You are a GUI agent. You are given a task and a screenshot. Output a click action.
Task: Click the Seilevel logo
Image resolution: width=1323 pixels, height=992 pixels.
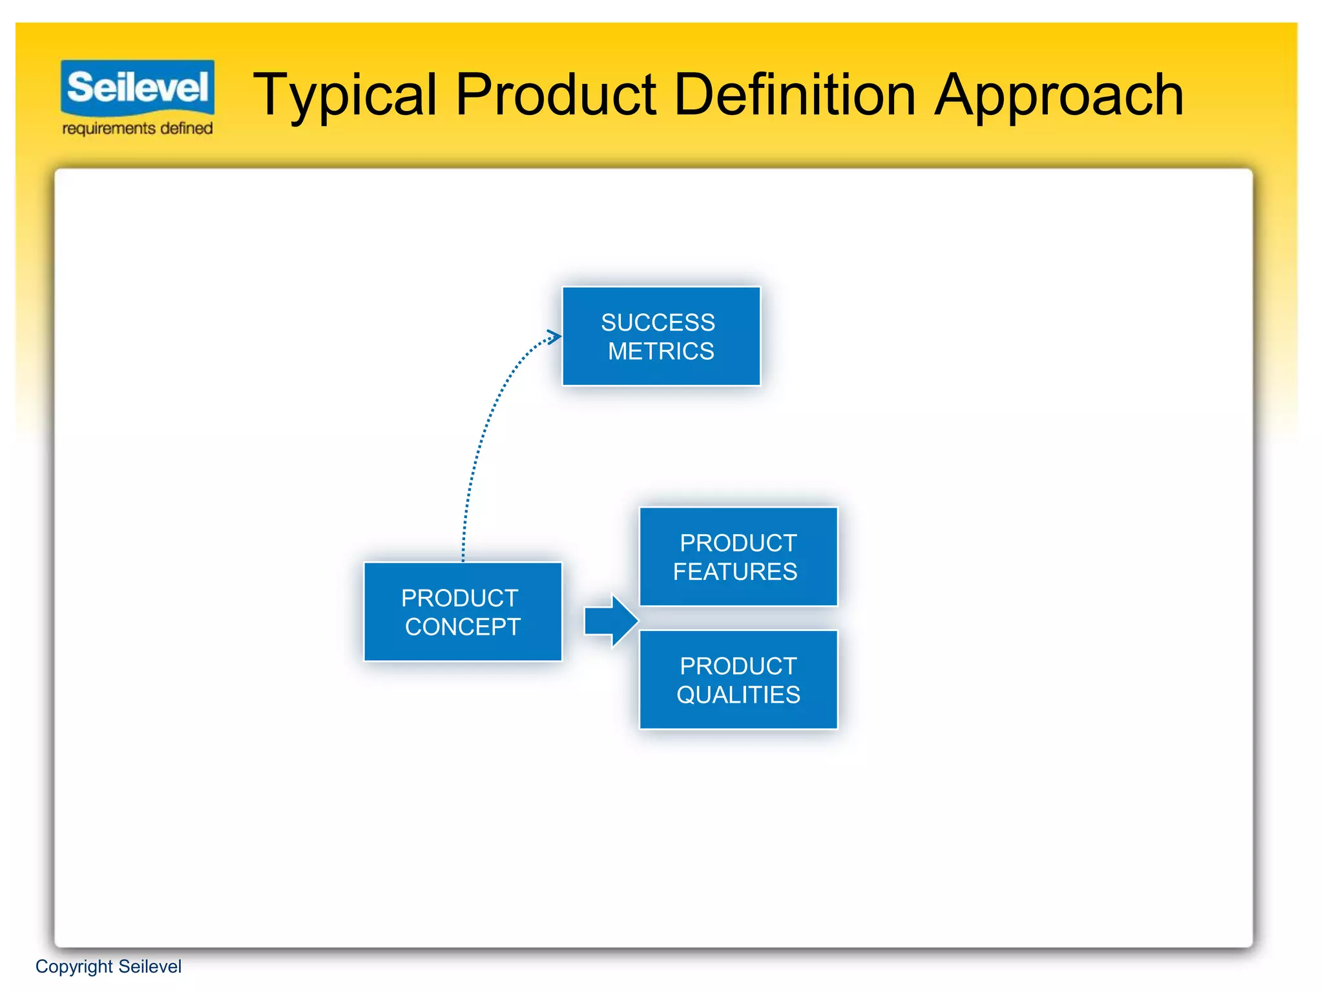click(x=138, y=87)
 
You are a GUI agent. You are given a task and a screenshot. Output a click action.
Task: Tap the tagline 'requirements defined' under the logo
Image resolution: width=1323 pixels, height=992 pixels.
click(x=138, y=129)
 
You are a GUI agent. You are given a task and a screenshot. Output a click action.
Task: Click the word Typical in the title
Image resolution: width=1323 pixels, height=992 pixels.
click(x=345, y=96)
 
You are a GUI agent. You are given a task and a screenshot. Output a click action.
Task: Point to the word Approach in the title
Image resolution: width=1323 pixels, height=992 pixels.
click(x=1059, y=96)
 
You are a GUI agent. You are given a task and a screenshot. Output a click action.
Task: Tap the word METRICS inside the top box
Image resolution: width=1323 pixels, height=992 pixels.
click(x=661, y=351)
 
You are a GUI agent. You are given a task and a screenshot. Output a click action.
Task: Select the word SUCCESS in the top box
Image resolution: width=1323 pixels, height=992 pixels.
click(x=658, y=322)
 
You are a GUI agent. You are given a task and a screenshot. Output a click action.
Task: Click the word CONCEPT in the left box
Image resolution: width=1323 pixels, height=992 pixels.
click(x=463, y=627)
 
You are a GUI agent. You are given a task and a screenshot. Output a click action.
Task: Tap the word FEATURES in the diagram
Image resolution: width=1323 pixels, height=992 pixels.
click(x=735, y=572)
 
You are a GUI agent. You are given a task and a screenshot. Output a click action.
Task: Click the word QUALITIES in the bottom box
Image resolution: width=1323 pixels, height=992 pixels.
click(x=738, y=695)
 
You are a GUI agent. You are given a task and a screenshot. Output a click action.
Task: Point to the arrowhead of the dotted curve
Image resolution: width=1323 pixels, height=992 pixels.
click(x=554, y=336)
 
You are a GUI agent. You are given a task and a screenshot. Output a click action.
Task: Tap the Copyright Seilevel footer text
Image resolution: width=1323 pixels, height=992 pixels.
click(x=109, y=967)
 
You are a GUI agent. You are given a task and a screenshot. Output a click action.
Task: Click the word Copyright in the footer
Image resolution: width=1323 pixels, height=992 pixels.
click(x=74, y=967)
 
